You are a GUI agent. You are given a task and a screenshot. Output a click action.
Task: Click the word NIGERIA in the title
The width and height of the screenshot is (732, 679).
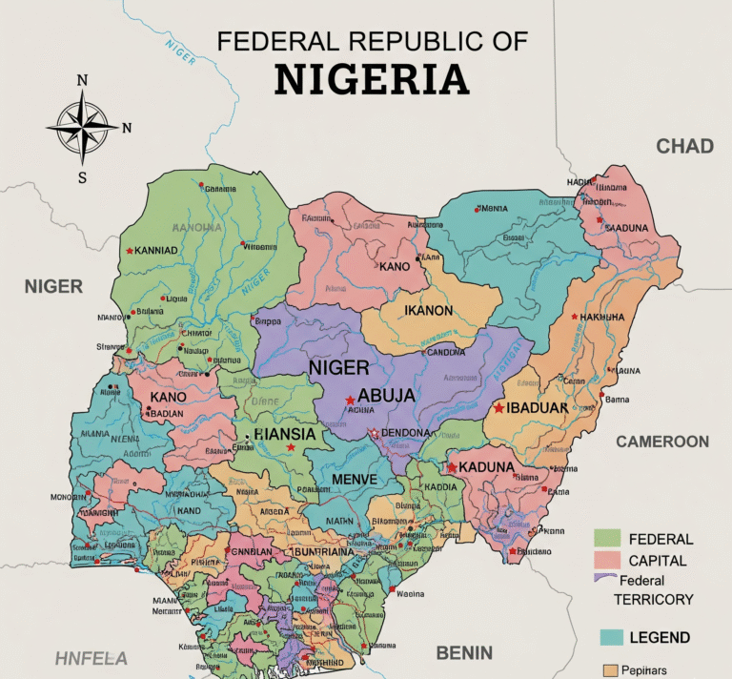coord(372,78)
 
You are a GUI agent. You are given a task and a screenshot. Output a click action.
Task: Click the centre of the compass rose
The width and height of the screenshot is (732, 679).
coord(82,127)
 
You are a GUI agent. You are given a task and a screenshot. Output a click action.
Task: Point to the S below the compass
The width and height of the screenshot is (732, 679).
coord(82,176)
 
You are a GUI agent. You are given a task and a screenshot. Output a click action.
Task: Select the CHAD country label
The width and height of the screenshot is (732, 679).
coord(684,146)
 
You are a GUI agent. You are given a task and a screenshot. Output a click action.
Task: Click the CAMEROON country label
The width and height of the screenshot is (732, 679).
coord(661,441)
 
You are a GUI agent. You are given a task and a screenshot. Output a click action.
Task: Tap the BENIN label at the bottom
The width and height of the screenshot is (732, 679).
coord(464,653)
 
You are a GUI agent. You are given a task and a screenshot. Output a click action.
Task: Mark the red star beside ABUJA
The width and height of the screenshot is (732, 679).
coord(351,400)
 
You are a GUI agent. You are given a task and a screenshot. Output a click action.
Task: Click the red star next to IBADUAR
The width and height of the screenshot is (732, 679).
coord(498,407)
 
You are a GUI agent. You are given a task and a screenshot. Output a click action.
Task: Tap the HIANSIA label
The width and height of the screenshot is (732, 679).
coord(285,432)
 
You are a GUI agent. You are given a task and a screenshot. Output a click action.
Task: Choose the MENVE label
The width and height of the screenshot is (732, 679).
coord(355,478)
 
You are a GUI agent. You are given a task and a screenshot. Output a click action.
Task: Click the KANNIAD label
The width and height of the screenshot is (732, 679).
coord(157,251)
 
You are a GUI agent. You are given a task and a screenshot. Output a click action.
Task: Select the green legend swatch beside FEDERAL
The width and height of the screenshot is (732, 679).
coord(607,538)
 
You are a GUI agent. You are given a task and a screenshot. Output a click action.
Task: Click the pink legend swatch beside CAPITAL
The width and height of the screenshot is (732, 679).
coord(607,560)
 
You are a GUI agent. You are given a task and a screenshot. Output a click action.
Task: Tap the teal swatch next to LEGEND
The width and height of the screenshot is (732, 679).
coord(612,636)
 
